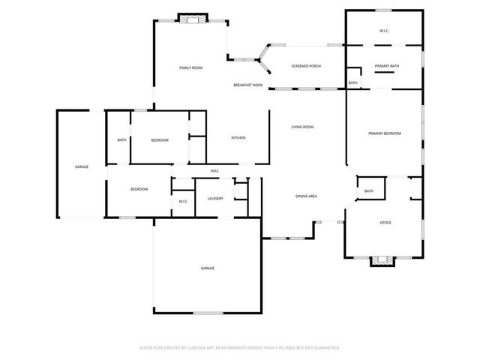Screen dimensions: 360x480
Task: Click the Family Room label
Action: pos(190,68)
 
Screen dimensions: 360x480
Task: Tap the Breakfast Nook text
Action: pos(247,85)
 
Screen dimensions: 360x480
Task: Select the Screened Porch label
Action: pos(306,66)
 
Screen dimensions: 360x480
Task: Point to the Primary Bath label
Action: pos(387,66)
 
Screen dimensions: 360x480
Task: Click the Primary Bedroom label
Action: pos(384,133)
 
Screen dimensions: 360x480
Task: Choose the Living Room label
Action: pos(302,127)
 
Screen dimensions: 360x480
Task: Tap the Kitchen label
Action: pos(238,138)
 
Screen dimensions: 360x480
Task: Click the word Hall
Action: pos(214,171)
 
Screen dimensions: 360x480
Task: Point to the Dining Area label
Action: pos(306,196)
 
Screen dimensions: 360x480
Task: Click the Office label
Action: pos(385,222)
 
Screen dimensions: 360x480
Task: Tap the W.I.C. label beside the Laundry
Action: pos(183,202)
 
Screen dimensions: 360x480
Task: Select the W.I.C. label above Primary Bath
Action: pos(383,31)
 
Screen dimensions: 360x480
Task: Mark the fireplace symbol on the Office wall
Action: pos(382,260)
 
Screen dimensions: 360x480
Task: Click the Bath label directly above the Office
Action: pos(368,191)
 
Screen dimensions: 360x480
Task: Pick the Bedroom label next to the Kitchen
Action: pos(159,140)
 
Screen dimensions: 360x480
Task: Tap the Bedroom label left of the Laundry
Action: pos(139,189)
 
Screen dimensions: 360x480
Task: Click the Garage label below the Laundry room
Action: pos(207,268)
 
